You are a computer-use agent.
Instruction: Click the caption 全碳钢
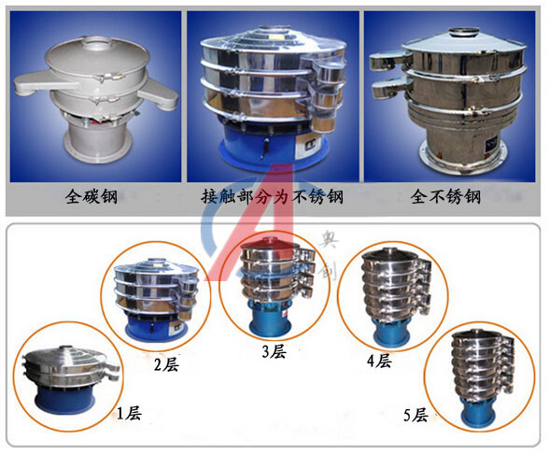coord(91,196)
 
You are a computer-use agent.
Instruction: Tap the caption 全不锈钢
coord(445,196)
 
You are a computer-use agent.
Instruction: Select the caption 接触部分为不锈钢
coord(272,196)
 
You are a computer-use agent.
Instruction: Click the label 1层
coord(129,413)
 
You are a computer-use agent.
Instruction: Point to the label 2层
coord(166,364)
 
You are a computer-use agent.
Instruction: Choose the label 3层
coord(274,351)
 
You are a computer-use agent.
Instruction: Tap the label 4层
coord(379,361)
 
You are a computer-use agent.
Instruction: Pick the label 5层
coord(415,416)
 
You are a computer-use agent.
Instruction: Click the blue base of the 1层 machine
coord(64,400)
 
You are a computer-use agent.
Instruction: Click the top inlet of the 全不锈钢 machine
coord(464,32)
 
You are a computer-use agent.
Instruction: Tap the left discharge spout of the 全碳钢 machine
coord(46,82)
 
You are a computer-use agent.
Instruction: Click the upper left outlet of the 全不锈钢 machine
coord(389,61)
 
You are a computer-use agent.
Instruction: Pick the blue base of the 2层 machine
coord(157,329)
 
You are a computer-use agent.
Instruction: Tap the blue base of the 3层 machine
coord(270,320)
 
